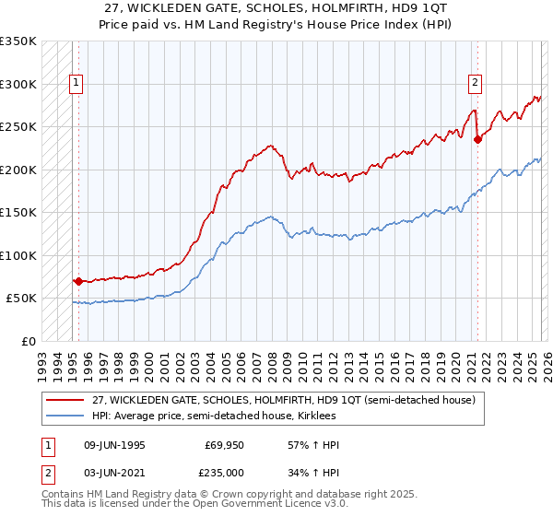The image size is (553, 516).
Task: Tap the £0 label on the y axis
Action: click(28, 341)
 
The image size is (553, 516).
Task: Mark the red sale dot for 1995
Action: click(78, 281)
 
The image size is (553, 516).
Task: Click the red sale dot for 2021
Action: click(477, 140)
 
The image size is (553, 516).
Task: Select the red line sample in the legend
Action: click(65, 400)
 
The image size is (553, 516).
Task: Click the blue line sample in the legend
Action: click(65, 416)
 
